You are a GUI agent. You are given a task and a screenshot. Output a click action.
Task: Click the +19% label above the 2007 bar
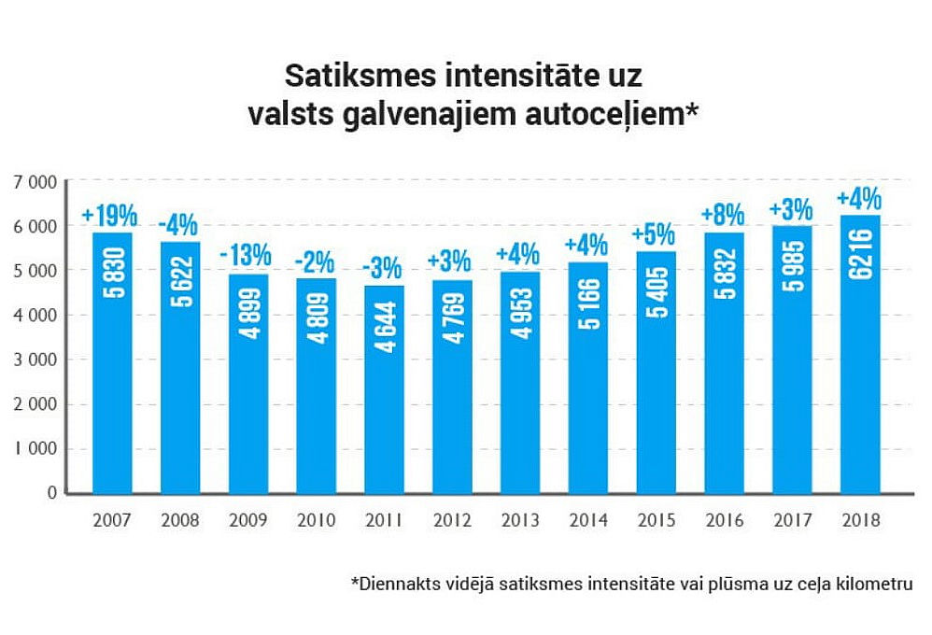[x=109, y=216]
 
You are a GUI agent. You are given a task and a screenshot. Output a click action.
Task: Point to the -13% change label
[x=246, y=255]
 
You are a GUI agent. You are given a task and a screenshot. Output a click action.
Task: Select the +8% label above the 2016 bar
[x=723, y=214]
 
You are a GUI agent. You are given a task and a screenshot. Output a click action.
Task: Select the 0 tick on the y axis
[x=52, y=493]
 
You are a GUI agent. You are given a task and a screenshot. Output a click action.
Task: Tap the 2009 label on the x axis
[x=247, y=520]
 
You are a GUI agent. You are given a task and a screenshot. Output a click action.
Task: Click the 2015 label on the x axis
[x=656, y=520]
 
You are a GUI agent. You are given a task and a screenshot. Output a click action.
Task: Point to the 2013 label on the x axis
[x=519, y=520]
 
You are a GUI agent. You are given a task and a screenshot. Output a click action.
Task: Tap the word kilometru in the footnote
[x=873, y=585]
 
